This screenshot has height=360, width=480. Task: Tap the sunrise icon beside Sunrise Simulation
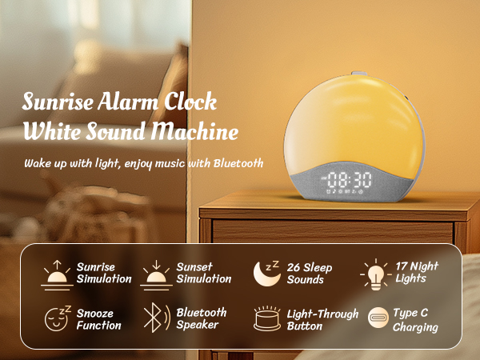point(56,273)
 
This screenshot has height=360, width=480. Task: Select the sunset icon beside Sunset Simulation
point(157,273)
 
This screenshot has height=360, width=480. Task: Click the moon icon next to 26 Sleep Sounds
point(266,273)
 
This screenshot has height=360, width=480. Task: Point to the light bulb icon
point(374,274)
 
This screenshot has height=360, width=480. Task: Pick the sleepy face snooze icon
point(58,318)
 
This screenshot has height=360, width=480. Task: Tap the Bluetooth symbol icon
point(154,318)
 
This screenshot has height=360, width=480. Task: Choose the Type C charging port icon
point(376,318)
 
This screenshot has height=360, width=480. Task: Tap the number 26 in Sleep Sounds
point(294,267)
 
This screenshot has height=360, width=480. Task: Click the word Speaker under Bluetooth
point(198,325)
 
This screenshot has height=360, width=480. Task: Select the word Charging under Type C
point(415,326)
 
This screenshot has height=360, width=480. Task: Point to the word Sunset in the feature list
point(195,266)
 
